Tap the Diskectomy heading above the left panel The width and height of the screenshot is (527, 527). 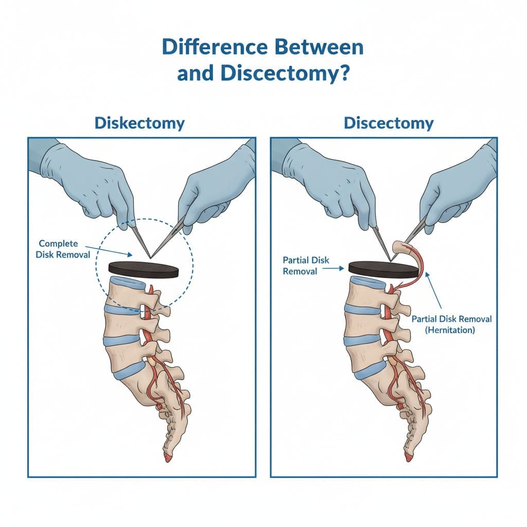pos(139,124)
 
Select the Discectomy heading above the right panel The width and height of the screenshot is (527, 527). pos(389,124)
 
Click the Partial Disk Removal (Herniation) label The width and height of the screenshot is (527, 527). pos(451,324)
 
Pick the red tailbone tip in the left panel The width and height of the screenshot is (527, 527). pos(167,458)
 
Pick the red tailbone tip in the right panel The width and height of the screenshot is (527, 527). pos(408,458)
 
